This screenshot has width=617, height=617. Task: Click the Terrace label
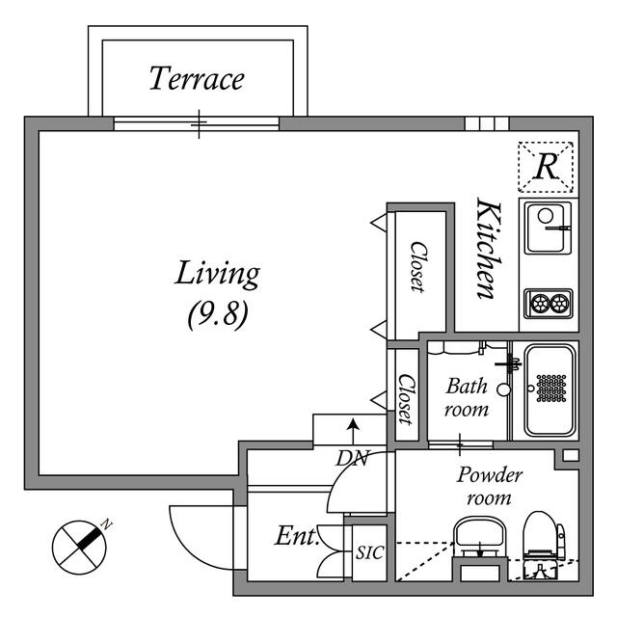click(x=197, y=78)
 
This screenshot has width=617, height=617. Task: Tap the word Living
click(x=217, y=274)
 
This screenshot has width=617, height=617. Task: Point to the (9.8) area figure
click(x=217, y=314)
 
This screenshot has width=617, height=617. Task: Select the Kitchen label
click(x=488, y=249)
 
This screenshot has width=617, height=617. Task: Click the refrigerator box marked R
click(x=546, y=167)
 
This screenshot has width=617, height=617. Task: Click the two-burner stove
click(x=549, y=303)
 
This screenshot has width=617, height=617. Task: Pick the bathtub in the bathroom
click(x=550, y=389)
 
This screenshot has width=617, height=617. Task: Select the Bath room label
click(x=467, y=397)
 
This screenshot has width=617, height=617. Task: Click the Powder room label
click(x=489, y=486)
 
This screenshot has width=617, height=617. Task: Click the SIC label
click(x=368, y=552)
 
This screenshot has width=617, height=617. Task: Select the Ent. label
click(x=296, y=536)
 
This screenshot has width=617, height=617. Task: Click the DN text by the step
click(x=353, y=459)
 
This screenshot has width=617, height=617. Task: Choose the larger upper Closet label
click(x=417, y=266)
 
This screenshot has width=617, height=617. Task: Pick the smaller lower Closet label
click(x=406, y=398)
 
